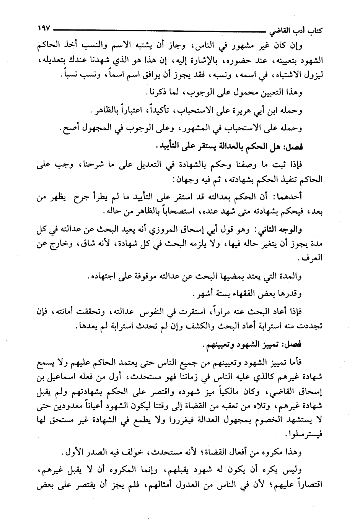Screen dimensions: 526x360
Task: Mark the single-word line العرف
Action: click(312, 259)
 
